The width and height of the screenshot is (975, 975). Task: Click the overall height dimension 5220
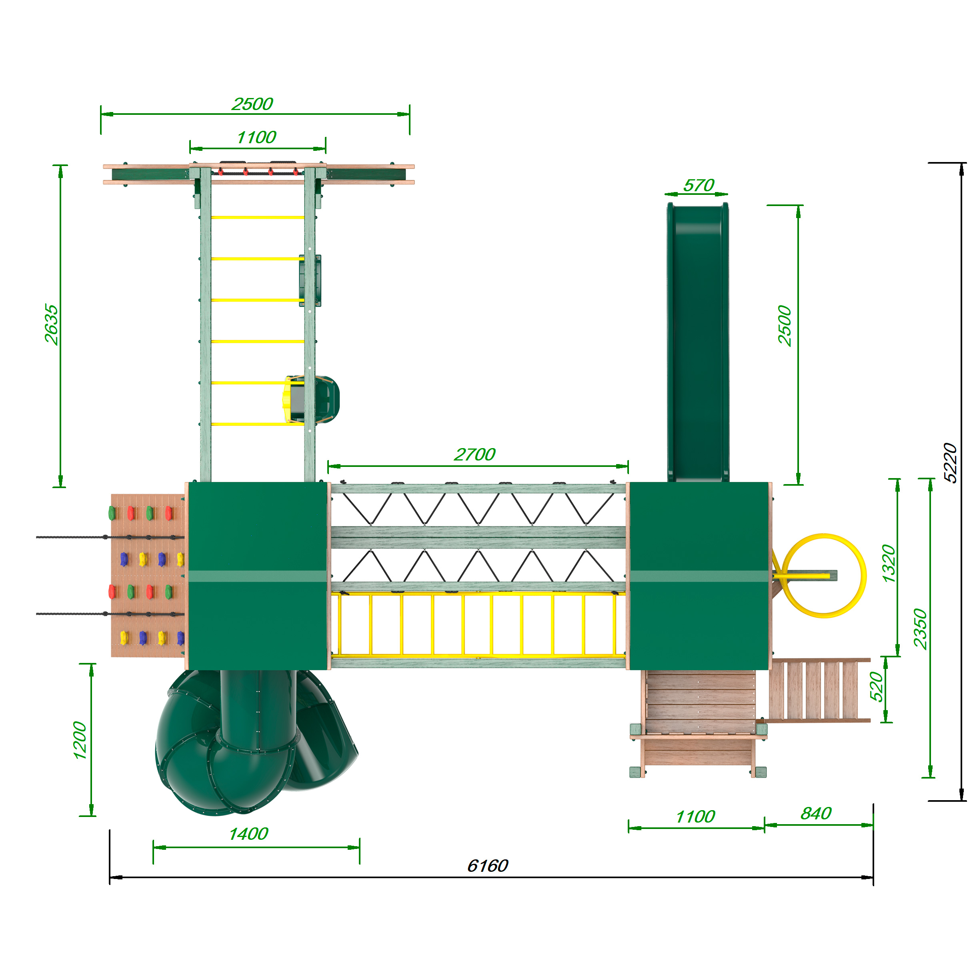tap(950, 463)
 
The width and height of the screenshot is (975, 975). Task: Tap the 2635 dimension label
tap(51, 324)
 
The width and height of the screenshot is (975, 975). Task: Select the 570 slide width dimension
tap(699, 185)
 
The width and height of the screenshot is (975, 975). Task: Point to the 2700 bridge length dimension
tap(475, 454)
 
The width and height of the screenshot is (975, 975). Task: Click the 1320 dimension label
tap(888, 564)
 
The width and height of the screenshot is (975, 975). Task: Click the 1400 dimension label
tap(248, 834)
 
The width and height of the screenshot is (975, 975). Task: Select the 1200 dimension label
tap(80, 740)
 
